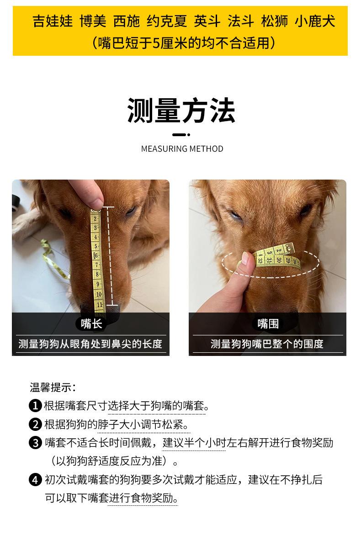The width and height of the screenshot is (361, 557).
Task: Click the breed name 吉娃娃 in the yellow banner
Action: tap(53, 21)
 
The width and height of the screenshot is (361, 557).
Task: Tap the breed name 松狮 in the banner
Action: tap(274, 21)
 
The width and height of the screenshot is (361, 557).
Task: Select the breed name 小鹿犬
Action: tap(315, 21)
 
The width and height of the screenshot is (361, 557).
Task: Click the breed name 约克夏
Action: tap(167, 21)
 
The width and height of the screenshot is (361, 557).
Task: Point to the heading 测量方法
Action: tap(181, 111)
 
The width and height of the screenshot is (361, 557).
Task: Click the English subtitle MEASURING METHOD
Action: tap(182, 149)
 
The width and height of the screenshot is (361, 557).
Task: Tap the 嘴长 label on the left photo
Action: tap(91, 324)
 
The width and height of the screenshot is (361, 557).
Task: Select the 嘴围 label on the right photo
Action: tap(267, 324)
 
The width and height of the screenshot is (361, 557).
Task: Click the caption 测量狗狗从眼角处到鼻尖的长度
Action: tap(90, 344)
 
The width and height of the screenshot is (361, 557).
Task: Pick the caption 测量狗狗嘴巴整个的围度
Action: tap(267, 344)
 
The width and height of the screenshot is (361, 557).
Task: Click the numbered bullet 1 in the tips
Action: tap(35, 406)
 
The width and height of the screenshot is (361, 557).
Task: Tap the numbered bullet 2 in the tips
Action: tap(35, 424)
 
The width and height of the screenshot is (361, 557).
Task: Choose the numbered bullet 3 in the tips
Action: tap(35, 443)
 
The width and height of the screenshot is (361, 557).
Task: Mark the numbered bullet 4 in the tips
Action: tap(35, 480)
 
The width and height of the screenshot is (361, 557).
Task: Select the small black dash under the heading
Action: tap(181, 135)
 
